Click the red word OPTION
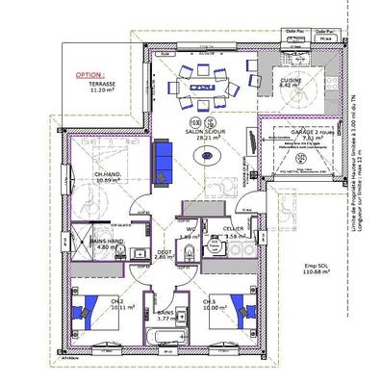(89, 73)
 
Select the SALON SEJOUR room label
(203, 135)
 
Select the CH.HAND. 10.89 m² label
(112, 177)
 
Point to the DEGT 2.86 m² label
(163, 254)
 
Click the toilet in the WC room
(192, 252)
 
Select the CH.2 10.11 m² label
(121, 304)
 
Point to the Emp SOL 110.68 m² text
(313, 269)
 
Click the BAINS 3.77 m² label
(166, 315)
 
